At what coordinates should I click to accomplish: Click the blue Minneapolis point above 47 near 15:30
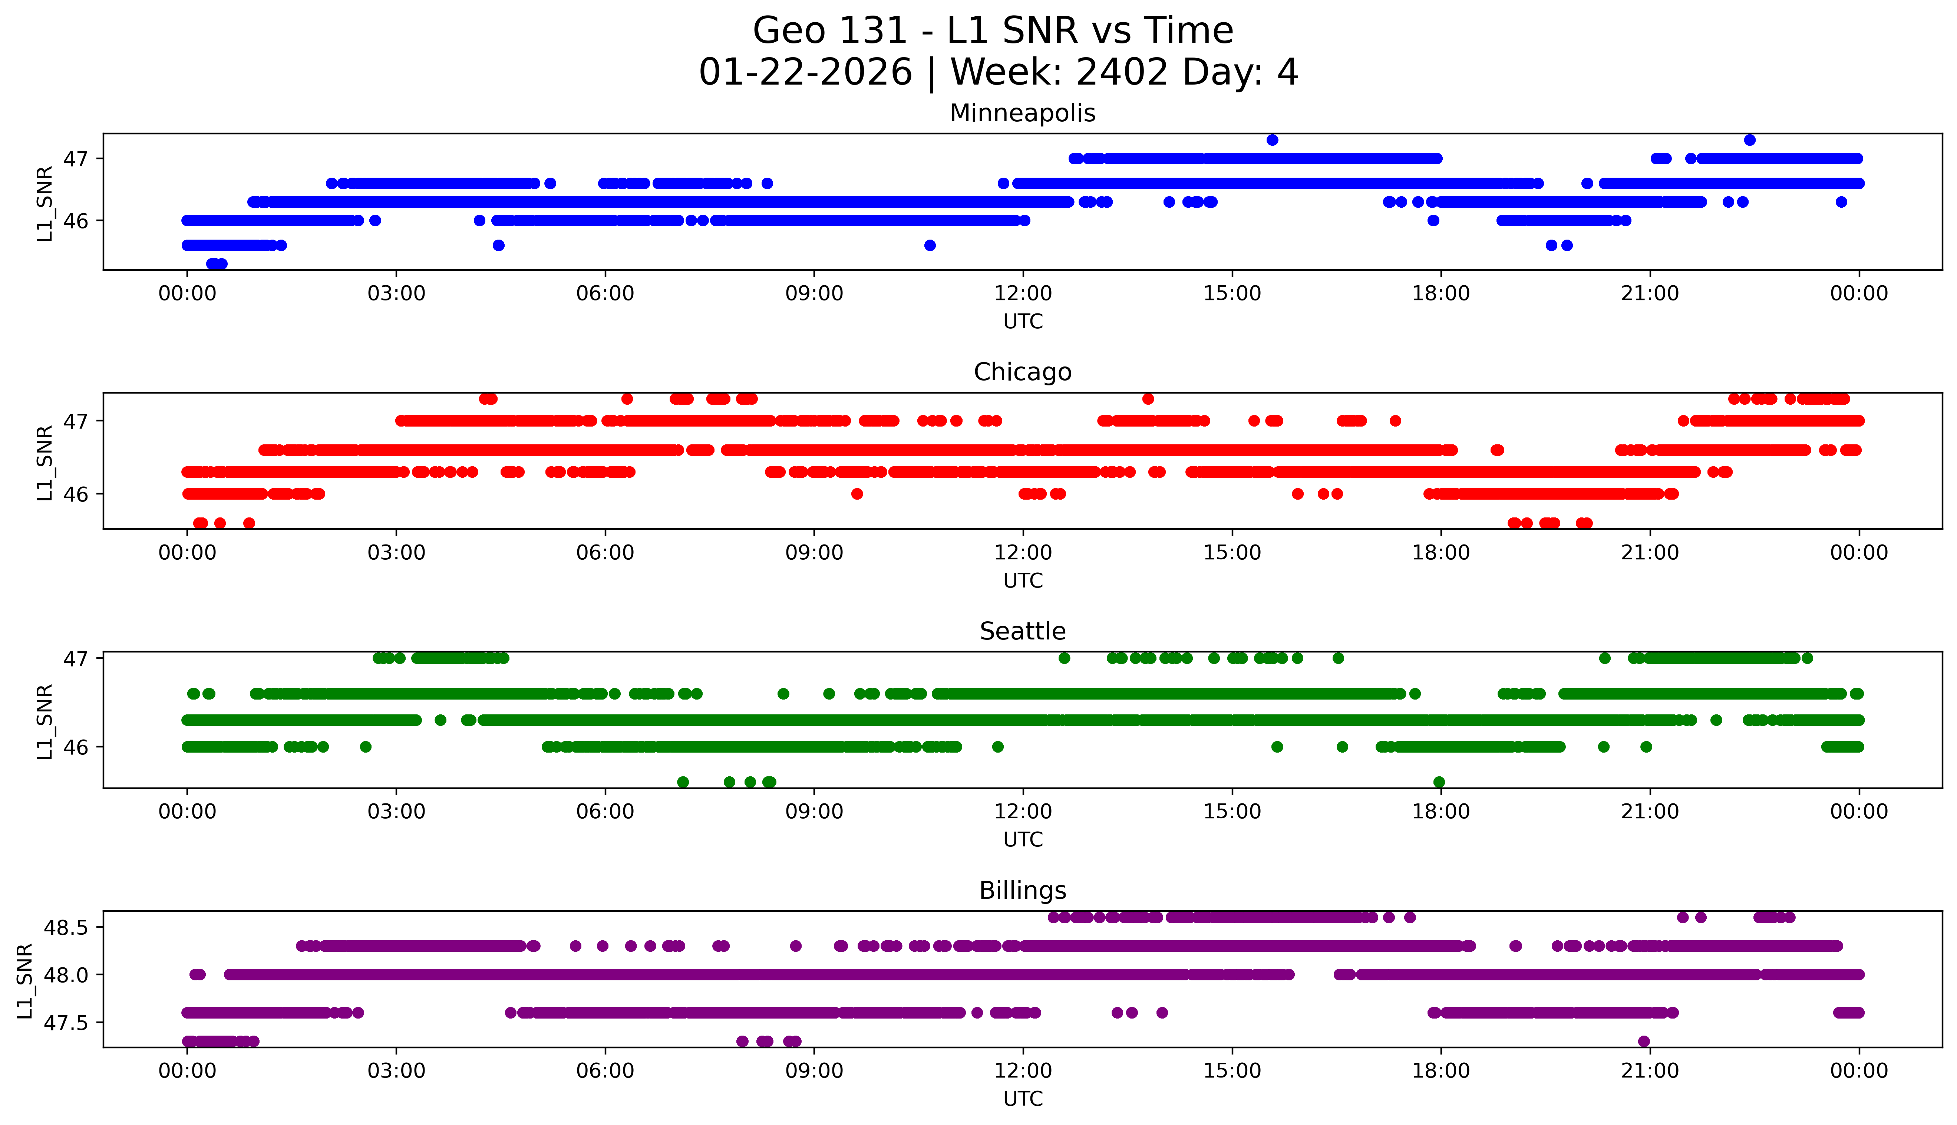pyautogui.click(x=1272, y=140)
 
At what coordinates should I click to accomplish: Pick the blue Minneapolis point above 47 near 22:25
pyautogui.click(x=1749, y=140)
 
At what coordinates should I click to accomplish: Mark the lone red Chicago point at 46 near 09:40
pyautogui.click(x=857, y=494)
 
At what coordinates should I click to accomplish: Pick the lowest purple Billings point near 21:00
pyautogui.click(x=1643, y=1042)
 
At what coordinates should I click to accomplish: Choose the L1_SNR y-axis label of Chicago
pyautogui.click(x=45, y=462)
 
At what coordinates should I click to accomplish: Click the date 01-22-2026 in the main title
pyautogui.click(x=805, y=73)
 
